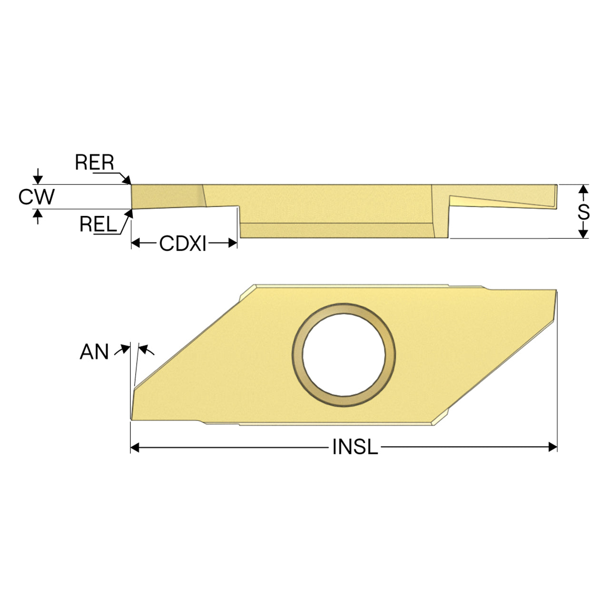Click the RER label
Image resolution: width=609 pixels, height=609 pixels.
(x=94, y=162)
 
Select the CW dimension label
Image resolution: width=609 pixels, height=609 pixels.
(x=36, y=196)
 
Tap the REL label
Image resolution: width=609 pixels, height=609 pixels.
(x=98, y=224)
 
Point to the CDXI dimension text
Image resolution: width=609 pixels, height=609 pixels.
(x=183, y=243)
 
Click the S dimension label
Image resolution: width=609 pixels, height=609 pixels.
(x=583, y=212)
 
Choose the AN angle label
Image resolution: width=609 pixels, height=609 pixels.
(x=94, y=352)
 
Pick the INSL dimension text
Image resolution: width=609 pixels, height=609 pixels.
(x=355, y=447)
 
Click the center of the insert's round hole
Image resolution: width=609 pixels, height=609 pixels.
(x=344, y=354)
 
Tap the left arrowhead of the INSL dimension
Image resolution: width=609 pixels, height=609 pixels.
(x=135, y=447)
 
